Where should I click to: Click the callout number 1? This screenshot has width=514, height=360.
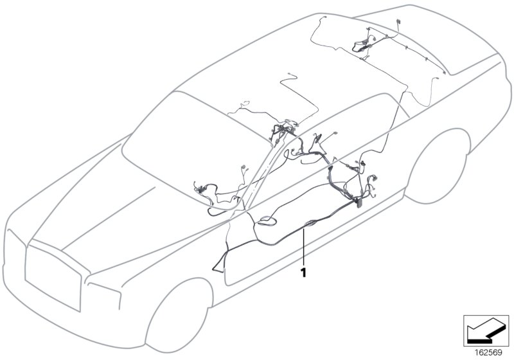pos(303,273)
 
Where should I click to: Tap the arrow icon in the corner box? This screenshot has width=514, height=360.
pos(485,330)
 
